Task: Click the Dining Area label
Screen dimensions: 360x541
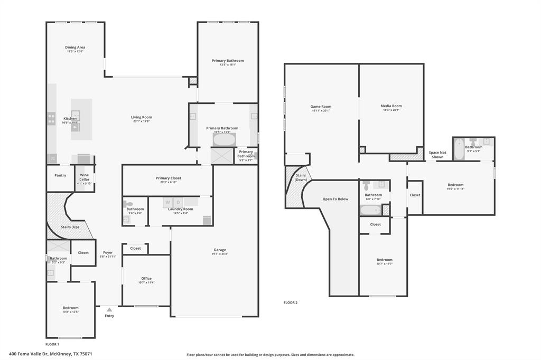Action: coord(75,48)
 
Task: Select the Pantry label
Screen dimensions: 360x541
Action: coord(60,175)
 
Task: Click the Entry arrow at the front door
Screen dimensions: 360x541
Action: coord(109,310)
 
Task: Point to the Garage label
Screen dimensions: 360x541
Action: coord(220,250)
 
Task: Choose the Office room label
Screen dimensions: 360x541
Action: coord(146,279)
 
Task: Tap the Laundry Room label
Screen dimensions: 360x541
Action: coord(180,209)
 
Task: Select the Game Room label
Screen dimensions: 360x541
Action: coord(321,107)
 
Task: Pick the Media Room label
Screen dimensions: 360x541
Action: coord(391,106)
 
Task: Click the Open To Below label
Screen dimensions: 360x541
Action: coord(335,199)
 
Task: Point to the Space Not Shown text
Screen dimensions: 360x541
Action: coord(437,155)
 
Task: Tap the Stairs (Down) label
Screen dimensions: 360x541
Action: coord(301,177)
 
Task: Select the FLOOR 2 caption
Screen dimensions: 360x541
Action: coord(291,302)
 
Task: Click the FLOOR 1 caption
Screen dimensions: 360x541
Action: coord(52,344)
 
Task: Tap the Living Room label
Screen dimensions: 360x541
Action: coord(142,117)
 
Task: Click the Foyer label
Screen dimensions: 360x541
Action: coord(108,253)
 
